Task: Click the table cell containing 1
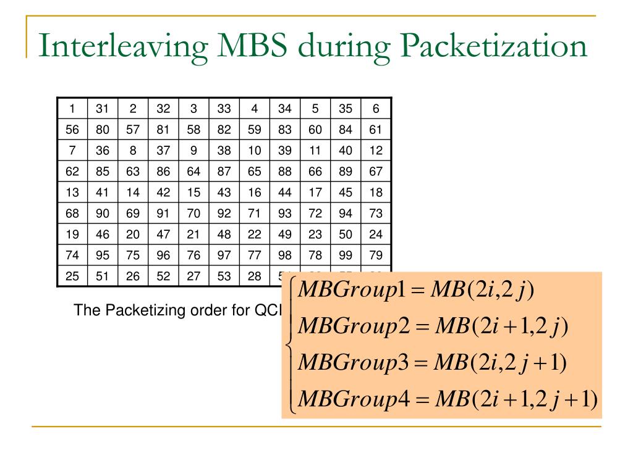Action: pyautogui.click(x=72, y=109)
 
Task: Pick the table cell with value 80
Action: pyautogui.click(x=103, y=130)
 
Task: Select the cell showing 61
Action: pyautogui.click(x=376, y=130)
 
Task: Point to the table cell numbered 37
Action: pyautogui.click(x=163, y=151)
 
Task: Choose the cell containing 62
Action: pyautogui.click(x=72, y=172)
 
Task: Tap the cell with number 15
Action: pyautogui.click(x=193, y=193)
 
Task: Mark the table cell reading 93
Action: pyautogui.click(x=284, y=214)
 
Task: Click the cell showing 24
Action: pyautogui.click(x=376, y=235)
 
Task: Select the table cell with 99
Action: pyautogui.click(x=346, y=256)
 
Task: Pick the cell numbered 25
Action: pyautogui.click(x=72, y=276)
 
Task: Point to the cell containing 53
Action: pyautogui.click(x=224, y=276)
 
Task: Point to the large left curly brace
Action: pyautogui.click(x=290, y=346)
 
